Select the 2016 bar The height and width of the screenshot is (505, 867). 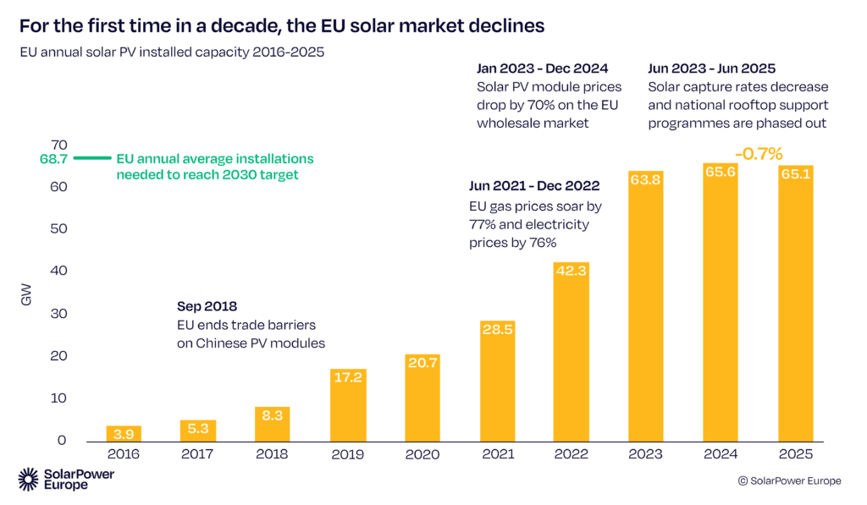[124, 433]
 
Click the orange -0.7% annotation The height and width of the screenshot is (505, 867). [758, 154]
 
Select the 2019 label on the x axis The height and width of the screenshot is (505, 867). [347, 454]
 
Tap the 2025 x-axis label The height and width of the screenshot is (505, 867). [794, 454]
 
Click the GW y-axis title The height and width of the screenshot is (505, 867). [26, 295]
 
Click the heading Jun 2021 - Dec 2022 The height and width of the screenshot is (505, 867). [533, 185]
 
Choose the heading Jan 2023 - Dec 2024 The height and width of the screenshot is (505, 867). [542, 69]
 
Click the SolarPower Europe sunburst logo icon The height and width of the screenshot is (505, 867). [30, 480]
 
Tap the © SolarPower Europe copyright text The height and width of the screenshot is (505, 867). [789, 480]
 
